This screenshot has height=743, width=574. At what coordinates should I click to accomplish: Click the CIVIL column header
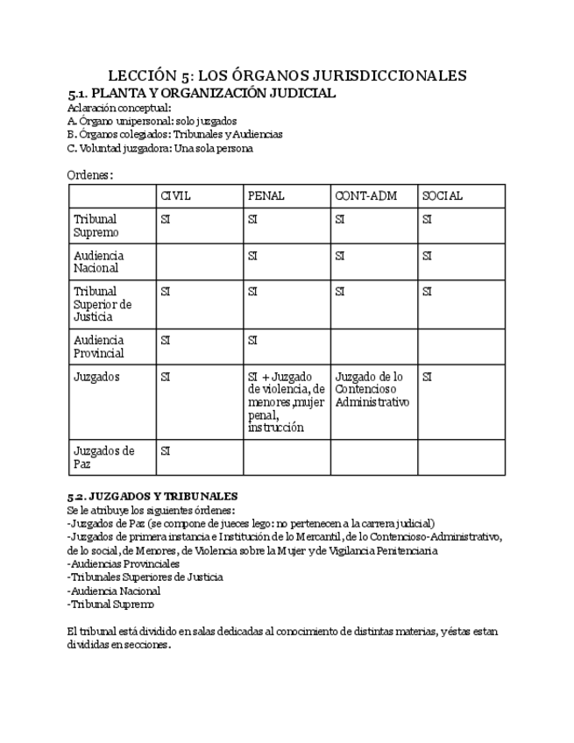[175, 196]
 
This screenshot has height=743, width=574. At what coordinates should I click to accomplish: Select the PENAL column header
[266, 196]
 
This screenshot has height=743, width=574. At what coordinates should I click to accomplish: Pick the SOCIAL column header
[443, 196]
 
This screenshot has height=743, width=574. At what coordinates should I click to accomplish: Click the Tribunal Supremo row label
[96, 226]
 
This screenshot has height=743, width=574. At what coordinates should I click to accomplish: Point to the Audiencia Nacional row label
[99, 262]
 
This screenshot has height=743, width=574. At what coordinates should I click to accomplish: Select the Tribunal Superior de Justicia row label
[103, 304]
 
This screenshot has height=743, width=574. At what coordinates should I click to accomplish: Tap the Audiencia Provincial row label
[99, 347]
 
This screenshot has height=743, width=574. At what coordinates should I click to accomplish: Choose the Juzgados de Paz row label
[103, 457]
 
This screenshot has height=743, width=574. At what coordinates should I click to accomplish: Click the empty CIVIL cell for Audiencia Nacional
[199, 262]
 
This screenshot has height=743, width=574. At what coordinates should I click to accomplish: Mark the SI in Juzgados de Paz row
[166, 451]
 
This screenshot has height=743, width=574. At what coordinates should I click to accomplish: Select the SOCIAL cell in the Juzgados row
[428, 378]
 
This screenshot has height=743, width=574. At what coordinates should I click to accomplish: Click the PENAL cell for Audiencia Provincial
[253, 341]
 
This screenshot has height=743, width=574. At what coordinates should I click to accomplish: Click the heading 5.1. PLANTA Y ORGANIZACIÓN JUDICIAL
[202, 93]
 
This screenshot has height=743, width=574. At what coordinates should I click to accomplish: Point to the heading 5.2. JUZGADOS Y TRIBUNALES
[152, 497]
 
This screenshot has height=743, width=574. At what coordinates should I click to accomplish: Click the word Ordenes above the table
[89, 175]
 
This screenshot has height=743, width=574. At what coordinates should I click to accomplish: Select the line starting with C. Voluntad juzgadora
[159, 148]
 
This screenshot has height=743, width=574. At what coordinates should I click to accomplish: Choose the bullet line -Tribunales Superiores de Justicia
[145, 577]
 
